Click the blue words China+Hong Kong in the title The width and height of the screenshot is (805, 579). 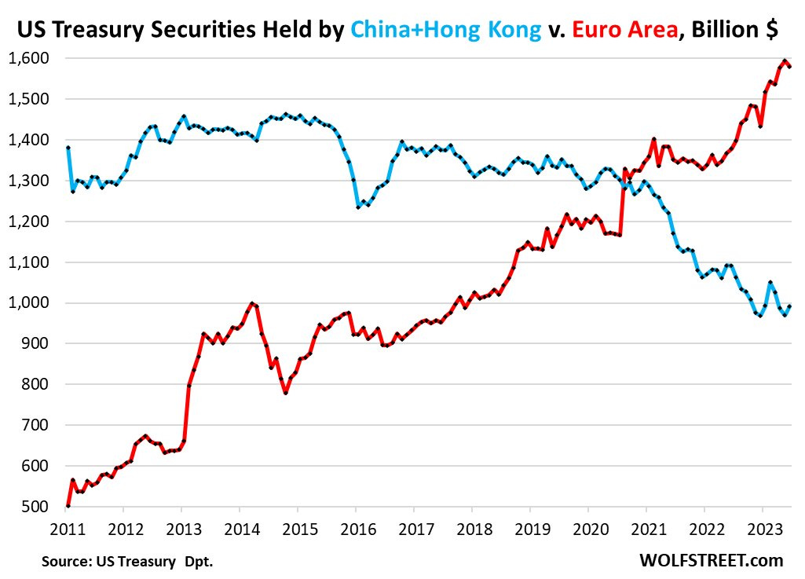445,30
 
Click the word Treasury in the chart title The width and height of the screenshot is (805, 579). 99,30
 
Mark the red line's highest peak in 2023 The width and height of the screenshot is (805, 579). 785,61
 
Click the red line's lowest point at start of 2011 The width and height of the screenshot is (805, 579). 68,506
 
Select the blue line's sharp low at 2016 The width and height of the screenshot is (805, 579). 358,207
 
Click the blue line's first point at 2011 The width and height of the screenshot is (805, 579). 68,148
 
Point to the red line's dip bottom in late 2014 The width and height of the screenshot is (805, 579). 285,393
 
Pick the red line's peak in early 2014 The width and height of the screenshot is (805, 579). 251,303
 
